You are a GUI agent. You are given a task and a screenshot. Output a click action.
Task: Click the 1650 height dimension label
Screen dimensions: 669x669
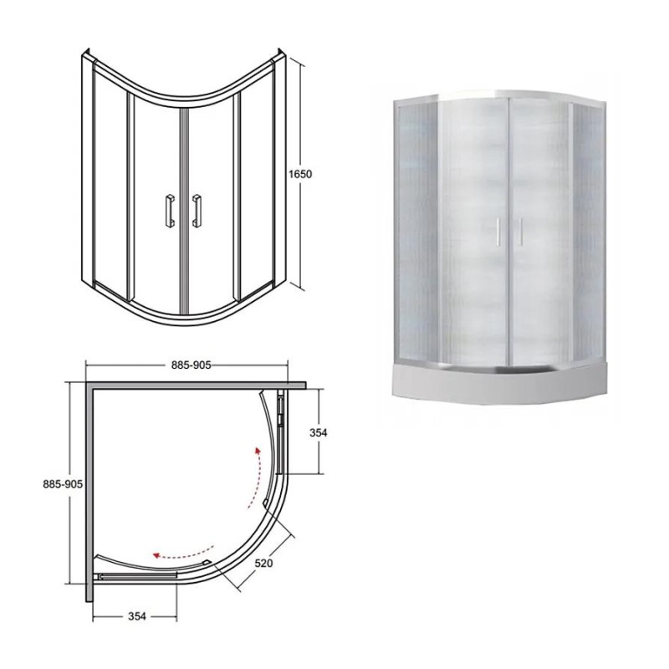pos(300,174)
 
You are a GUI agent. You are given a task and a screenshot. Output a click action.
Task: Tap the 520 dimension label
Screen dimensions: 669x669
pos(263,563)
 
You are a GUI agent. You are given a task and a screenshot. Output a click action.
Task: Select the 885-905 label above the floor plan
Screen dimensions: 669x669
pos(192,365)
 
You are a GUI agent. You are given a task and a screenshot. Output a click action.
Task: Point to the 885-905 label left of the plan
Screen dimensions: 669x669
pos(63,484)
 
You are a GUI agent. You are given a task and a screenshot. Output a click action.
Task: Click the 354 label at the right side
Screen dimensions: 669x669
pos(319,432)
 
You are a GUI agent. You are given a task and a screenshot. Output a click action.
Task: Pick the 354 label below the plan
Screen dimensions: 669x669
pos(137,616)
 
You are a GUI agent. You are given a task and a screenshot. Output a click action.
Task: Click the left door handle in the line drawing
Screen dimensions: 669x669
pos(170,211)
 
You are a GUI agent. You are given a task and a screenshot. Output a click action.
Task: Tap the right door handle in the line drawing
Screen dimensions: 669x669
pos(197,211)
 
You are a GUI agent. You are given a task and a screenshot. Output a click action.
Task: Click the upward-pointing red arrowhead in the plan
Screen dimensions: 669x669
pos(258,452)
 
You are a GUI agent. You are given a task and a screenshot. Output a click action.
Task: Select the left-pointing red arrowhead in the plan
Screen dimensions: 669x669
pos(157,555)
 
